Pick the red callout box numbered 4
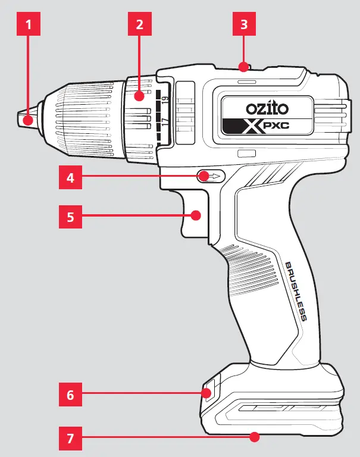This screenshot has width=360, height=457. pos(71,177)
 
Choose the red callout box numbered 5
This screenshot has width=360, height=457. pos(71,217)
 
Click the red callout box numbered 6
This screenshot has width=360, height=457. pos(71,394)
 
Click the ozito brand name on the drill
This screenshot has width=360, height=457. pos(267,109)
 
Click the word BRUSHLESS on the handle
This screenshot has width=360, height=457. pos(296,291)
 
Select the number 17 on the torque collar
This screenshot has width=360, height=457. pos(165,123)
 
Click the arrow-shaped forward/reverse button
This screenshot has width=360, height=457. pos(211,176)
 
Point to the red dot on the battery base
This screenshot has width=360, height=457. pos(255,437)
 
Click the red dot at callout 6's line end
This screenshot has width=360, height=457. pos(208,393)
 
